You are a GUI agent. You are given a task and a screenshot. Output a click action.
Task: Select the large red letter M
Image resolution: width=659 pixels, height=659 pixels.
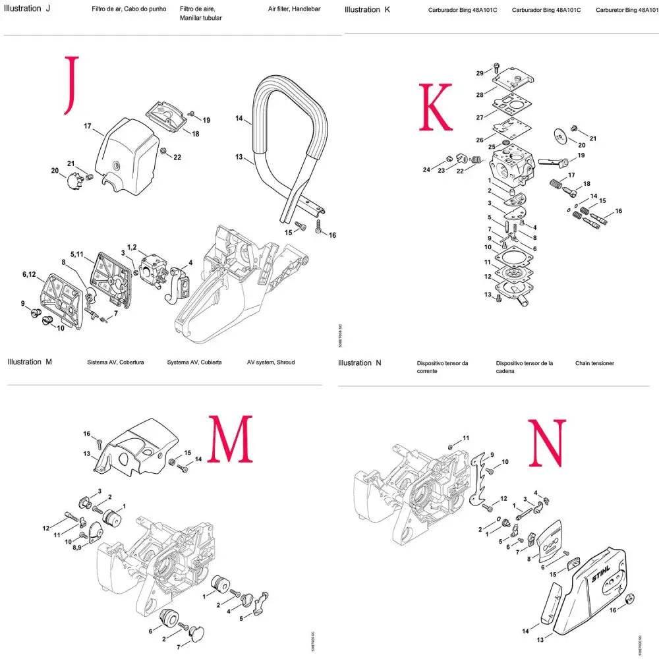[x=231, y=439]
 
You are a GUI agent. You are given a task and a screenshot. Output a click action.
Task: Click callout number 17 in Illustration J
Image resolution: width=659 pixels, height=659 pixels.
[x=87, y=126]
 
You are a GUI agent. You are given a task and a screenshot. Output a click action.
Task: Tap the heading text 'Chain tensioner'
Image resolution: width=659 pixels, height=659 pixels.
[x=594, y=363]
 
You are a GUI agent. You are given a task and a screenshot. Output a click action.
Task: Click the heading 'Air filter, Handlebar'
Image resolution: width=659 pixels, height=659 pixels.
[x=294, y=10]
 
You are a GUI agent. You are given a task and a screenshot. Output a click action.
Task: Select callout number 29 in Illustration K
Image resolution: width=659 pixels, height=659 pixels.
[x=479, y=72]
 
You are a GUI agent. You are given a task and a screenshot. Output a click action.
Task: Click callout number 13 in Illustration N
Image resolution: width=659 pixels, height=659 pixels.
[x=540, y=639]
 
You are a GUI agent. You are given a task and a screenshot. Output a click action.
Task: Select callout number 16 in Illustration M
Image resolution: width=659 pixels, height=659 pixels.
[x=86, y=433]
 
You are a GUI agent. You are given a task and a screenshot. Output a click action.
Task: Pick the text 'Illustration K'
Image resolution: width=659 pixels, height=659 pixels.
[x=362, y=10]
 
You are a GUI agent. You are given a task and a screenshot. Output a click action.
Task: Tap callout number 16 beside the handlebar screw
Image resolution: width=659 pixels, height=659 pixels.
[x=332, y=235]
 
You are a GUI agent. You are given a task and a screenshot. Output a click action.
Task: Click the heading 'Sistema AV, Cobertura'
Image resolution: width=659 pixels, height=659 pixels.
[x=115, y=362]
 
